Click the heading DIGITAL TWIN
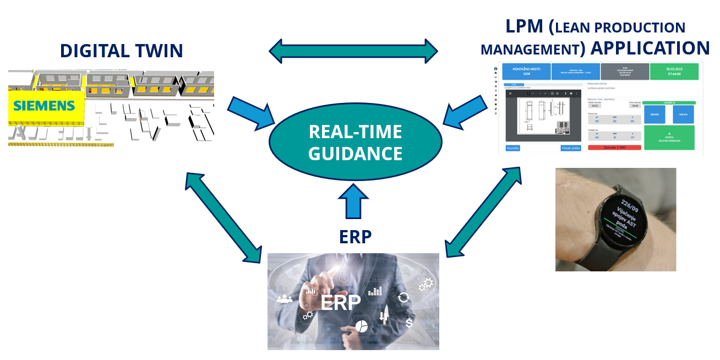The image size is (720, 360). [121, 51]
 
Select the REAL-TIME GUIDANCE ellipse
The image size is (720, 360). [355, 142]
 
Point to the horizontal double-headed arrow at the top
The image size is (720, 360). [353, 51]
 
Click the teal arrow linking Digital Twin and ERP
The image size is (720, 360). [223, 217]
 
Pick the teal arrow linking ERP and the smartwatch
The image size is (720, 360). [483, 212]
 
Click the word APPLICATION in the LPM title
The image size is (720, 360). [650, 48]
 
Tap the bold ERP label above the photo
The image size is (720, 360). [355, 237]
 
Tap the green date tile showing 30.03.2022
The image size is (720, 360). [674, 71]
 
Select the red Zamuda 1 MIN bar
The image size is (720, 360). [613, 148]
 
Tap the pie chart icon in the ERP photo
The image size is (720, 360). [361, 325]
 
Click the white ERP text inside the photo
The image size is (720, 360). [340, 302]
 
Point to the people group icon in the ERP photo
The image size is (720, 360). [285, 299]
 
